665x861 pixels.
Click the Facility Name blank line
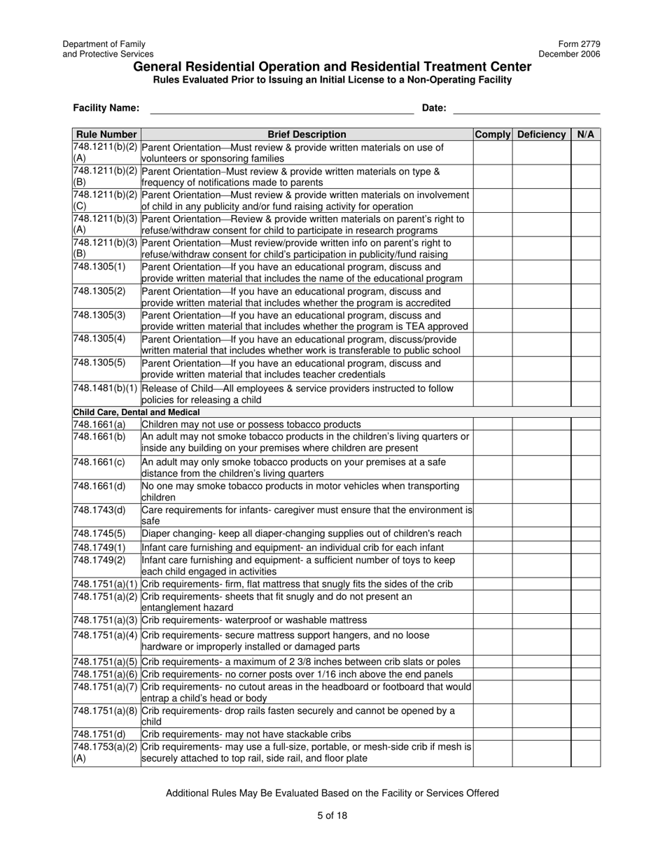pos(281,108)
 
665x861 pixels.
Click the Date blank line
pos(526,108)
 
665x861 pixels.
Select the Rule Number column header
pos(106,134)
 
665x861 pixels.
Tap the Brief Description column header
pos(307,134)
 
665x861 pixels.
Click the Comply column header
pos(493,134)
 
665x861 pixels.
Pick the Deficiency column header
pos(541,134)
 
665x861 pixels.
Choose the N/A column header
pos(585,134)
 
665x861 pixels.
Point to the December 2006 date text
pos(569,54)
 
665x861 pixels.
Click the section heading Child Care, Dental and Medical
pos(136,412)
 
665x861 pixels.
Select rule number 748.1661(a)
pos(99,424)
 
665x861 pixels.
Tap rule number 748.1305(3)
pos(99,315)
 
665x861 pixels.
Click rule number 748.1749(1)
pos(99,547)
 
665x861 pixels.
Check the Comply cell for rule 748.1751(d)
pos(493,734)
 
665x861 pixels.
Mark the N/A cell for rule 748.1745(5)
pos(585,533)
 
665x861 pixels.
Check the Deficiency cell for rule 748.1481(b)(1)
pos(541,393)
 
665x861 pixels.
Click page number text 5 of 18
pos(332,815)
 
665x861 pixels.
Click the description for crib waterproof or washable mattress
pos(254,620)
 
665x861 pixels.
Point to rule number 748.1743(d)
pos(99,510)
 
